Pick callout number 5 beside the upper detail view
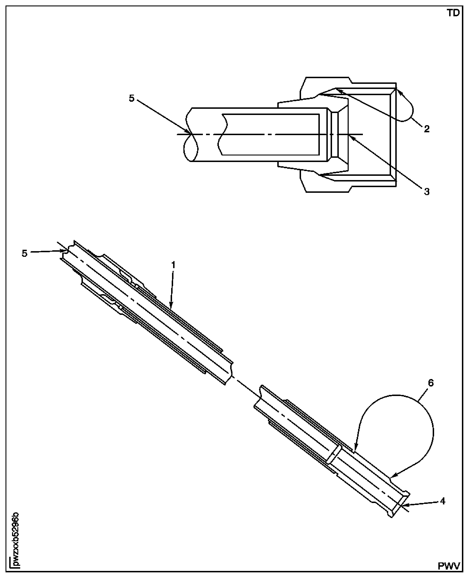pos(132,99)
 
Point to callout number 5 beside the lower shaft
pos(25,253)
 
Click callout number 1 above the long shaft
pos(173,265)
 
